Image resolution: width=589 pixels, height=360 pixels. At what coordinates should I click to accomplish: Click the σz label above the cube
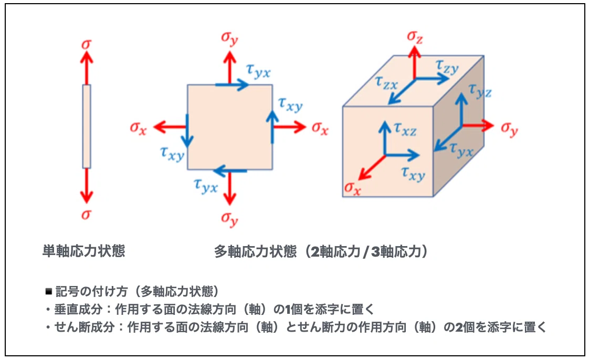click(x=415, y=37)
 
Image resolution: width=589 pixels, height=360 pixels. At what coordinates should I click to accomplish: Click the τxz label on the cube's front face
click(x=405, y=129)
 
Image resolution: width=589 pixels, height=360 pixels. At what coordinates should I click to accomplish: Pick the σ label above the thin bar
click(x=87, y=44)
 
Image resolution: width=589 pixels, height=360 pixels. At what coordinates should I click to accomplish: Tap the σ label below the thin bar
click(x=87, y=214)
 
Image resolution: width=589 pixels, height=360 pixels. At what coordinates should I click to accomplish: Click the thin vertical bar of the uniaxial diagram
click(x=87, y=126)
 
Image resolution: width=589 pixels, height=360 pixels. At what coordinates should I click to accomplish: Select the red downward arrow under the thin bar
click(x=87, y=185)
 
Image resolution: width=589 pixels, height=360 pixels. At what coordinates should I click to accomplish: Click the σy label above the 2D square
click(x=229, y=38)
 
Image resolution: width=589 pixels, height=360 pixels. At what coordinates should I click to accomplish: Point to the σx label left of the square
click(x=138, y=128)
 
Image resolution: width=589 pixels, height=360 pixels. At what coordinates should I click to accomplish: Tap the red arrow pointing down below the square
click(x=229, y=187)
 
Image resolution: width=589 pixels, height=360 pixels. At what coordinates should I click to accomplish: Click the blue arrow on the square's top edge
click(x=232, y=85)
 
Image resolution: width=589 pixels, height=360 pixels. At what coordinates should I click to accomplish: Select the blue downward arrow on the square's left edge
click(x=187, y=131)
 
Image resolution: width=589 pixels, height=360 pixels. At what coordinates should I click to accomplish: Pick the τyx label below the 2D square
click(x=206, y=185)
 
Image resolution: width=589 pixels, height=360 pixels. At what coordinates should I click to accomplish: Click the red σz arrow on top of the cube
click(x=415, y=62)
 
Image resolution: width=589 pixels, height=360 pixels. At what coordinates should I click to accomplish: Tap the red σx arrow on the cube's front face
click(x=372, y=167)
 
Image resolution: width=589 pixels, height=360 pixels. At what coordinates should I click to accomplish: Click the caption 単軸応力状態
click(x=83, y=251)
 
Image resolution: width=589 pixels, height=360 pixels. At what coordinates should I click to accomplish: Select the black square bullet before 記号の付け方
click(x=48, y=291)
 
